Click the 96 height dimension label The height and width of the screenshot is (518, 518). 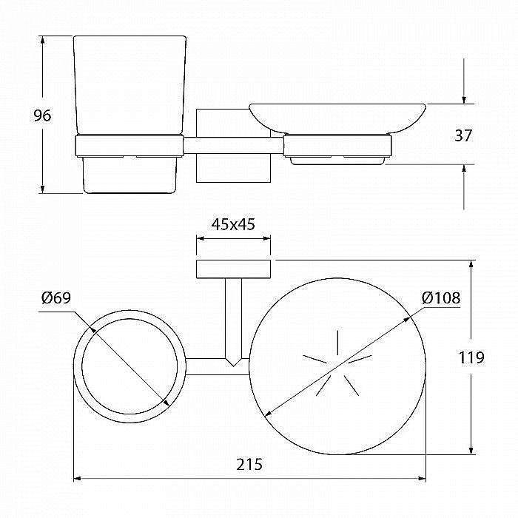[x=43, y=115]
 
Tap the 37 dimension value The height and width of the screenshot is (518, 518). [x=463, y=135]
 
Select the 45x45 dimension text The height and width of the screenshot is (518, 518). [x=233, y=224]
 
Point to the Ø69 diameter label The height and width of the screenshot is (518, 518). [x=56, y=298]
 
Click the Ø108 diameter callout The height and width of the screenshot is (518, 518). [x=441, y=298]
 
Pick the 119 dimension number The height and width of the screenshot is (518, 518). [x=471, y=357]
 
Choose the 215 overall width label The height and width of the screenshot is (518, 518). [x=249, y=464]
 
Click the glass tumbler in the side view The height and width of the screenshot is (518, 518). [x=129, y=85]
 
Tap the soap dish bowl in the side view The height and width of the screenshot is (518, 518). [x=337, y=118]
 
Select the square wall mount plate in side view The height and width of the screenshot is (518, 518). [x=233, y=145]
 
